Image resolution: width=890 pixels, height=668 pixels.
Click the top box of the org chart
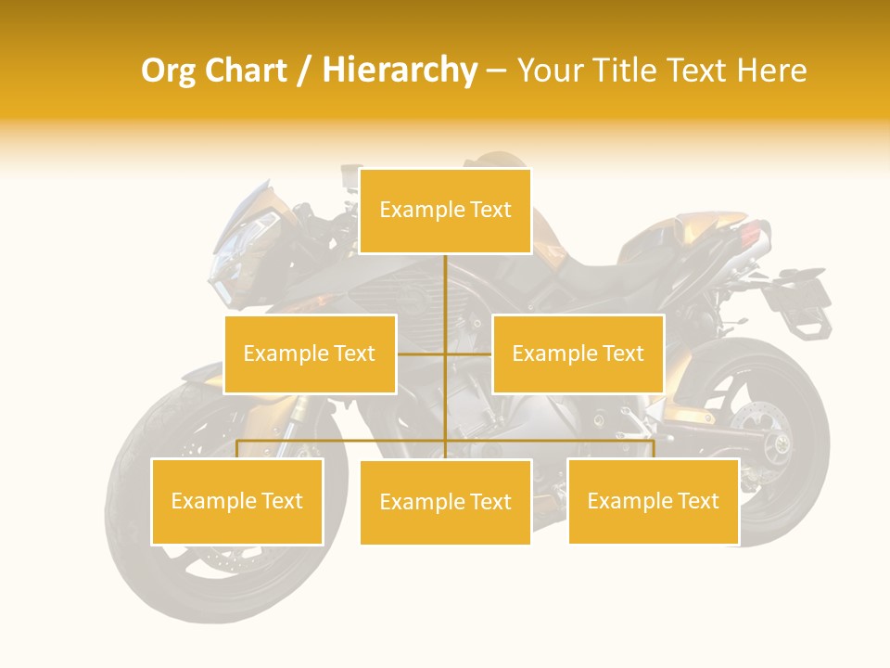tap(445, 211)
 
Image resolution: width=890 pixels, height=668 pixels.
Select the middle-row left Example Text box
tap(310, 353)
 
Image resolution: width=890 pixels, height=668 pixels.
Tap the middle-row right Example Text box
tap(578, 353)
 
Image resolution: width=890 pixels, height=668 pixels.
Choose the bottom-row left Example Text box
tap(237, 501)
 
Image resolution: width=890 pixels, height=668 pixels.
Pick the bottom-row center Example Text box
tap(445, 502)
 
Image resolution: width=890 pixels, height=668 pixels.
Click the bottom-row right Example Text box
tap(654, 501)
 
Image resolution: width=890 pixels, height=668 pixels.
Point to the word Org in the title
tap(168, 71)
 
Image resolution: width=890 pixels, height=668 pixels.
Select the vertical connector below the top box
tap(446, 288)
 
